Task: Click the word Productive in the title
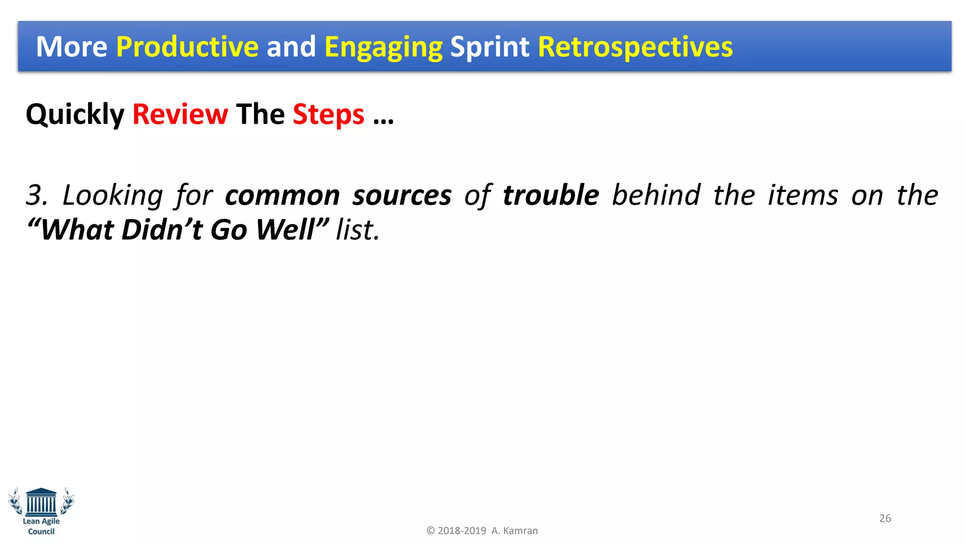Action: pos(187,47)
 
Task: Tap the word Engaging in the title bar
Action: pos(383,48)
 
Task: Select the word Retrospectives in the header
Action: pos(635,47)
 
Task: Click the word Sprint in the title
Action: pos(490,48)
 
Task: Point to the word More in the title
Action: pos(72,47)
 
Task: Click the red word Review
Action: pos(180,115)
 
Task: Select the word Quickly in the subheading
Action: pos(75,115)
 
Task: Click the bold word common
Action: pos(282,196)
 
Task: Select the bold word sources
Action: pos(402,196)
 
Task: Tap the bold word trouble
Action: pos(550,195)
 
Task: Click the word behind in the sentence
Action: pos(656,195)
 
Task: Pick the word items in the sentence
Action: pos(802,195)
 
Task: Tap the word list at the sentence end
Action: pos(357,230)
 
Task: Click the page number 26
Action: pos(885,518)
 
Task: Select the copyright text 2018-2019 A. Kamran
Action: pos(482,531)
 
